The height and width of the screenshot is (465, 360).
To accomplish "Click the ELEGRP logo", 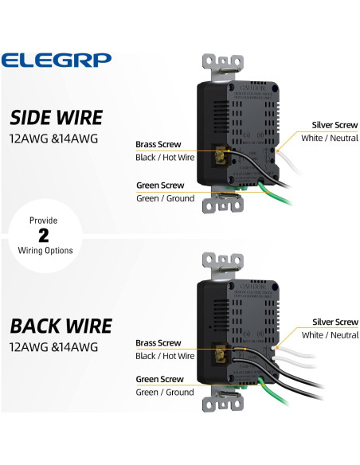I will tap(57, 60).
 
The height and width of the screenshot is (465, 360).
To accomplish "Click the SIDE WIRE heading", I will tap(56, 118).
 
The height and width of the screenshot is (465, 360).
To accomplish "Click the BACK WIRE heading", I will tap(61, 326).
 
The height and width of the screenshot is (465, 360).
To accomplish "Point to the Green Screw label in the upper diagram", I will tap(160, 186).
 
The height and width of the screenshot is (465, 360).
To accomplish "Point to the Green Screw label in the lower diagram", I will tap(160, 380).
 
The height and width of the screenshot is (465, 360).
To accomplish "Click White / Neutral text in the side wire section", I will tap(330, 138).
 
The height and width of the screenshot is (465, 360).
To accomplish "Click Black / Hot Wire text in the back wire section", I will tap(165, 356).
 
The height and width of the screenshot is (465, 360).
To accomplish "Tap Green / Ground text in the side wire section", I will tap(165, 198).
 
